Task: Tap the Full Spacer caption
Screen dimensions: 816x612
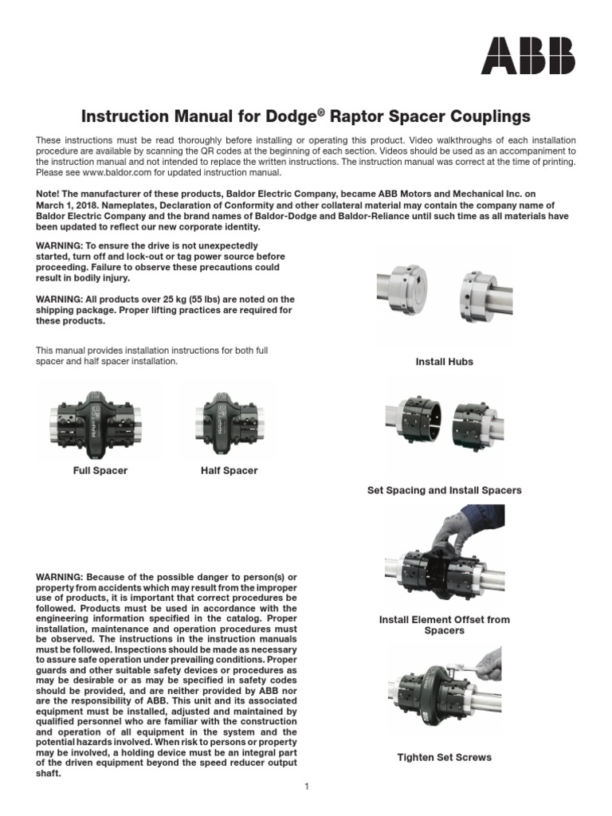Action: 100,471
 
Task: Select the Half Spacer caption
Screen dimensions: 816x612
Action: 229,471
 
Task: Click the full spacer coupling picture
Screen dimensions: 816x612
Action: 100,419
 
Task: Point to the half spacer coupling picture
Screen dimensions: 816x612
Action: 229,419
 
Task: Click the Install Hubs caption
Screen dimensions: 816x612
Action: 444,362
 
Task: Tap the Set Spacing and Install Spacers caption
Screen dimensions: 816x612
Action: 444,491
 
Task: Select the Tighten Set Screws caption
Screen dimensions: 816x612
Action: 444,757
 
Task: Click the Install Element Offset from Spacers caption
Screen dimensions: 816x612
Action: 444,625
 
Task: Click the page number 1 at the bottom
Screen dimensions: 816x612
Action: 306,787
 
